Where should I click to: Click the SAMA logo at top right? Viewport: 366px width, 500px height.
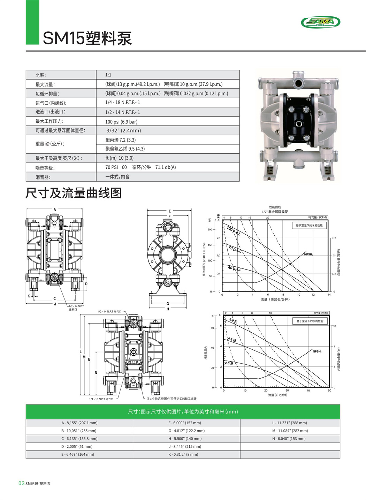tap(320, 22)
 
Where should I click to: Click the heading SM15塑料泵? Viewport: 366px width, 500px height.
tap(87, 38)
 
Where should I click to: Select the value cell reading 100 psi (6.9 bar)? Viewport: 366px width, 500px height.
tap(121, 122)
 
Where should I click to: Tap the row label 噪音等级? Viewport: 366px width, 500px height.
tap(45, 168)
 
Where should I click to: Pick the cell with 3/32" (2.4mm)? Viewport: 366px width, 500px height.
tap(124, 130)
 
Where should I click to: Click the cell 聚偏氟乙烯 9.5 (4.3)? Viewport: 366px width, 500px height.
tap(125, 149)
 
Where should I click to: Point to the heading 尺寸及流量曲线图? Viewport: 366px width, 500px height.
tap(74, 193)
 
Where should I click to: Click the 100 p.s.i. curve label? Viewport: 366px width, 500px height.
tap(234, 231)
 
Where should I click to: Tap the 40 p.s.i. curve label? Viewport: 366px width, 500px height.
tap(234, 269)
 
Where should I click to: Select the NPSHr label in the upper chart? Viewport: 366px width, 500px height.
tap(308, 254)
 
